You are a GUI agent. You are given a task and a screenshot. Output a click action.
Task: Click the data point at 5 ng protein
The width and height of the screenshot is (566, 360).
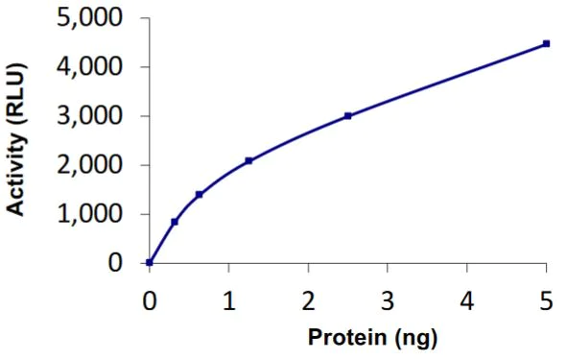click(546, 43)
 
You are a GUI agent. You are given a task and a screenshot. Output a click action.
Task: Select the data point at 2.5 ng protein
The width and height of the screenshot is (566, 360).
click(347, 116)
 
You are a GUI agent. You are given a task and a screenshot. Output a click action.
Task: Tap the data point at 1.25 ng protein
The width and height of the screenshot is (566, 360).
click(248, 160)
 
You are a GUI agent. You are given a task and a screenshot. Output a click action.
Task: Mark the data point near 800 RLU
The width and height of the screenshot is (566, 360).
click(175, 222)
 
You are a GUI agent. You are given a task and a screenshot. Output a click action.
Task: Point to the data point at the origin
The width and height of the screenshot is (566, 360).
click(150, 262)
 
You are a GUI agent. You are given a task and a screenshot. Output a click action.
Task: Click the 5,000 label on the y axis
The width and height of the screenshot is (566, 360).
click(93, 18)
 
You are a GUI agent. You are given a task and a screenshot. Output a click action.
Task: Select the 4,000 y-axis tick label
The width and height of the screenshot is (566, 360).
click(93, 67)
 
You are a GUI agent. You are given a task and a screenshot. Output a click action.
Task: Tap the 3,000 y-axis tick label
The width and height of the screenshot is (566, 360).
click(93, 116)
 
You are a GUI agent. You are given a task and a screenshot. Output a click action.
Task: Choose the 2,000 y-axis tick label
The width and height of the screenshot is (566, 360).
click(93, 165)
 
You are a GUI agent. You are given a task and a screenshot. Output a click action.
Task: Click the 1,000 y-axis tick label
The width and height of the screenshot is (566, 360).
click(93, 214)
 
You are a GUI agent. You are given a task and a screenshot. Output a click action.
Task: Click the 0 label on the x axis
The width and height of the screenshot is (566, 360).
click(150, 300)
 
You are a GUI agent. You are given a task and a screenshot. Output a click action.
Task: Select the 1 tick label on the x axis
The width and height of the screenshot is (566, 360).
click(228, 300)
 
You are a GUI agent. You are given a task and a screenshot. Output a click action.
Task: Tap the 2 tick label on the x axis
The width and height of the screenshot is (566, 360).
click(308, 300)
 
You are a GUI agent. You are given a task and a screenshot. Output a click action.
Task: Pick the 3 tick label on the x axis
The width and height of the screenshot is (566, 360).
click(388, 300)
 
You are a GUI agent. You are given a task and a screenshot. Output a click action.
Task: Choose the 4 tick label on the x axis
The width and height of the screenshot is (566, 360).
click(466, 300)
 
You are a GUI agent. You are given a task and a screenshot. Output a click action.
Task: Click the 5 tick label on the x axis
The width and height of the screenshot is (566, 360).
click(546, 300)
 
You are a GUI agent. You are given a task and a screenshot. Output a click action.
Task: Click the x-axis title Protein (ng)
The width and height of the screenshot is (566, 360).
click(347, 339)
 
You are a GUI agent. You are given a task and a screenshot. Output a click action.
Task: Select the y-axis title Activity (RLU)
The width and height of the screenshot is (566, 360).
click(16, 140)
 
